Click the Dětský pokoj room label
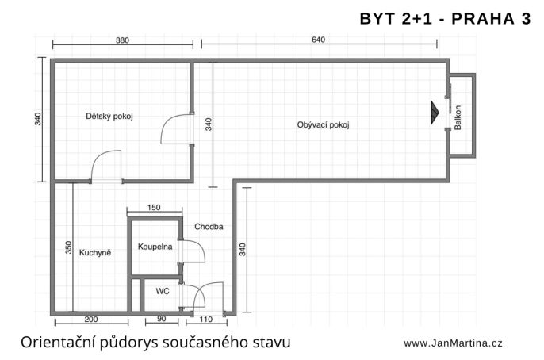pos(109,117)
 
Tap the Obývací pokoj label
pos(323,124)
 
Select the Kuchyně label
pos(95,252)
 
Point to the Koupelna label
pos(155,247)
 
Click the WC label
pos(163,291)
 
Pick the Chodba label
pos(209,227)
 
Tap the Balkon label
pos(458,117)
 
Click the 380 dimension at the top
pos(122,40)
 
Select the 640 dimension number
pos(318,40)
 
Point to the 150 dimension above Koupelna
pos(154,208)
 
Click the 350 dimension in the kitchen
pos(68,247)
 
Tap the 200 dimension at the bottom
pos(91,319)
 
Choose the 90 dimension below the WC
pos(161,319)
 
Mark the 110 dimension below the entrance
pos(206,319)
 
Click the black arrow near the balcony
pos(435,113)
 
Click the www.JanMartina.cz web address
pos(453,343)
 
